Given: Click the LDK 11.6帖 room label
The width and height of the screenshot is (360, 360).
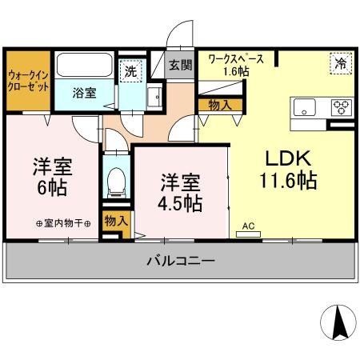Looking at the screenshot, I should (x=287, y=167).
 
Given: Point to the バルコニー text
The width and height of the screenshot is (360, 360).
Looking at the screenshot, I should (x=180, y=261).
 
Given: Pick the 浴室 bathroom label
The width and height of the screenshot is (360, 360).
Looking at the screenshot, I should (x=86, y=92).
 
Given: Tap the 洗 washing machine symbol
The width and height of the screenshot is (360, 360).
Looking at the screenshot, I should (x=130, y=70).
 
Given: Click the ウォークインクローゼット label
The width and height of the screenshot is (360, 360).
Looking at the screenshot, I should (x=27, y=81).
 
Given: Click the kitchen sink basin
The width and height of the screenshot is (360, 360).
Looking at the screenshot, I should (x=306, y=107).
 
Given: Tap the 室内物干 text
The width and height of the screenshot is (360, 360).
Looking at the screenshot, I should (x=63, y=223).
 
